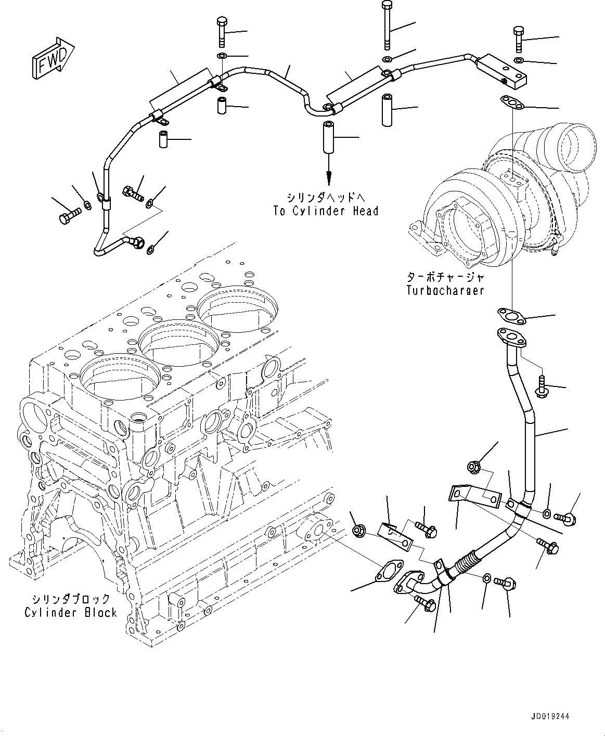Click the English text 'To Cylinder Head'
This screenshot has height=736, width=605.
(x=326, y=211)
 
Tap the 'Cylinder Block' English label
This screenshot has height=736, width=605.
(x=71, y=612)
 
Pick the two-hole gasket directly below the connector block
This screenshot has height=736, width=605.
(x=512, y=103)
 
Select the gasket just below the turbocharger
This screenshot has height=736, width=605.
(x=509, y=315)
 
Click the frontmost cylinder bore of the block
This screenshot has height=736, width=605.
(x=110, y=373)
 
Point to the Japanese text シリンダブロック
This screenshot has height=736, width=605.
(x=71, y=599)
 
